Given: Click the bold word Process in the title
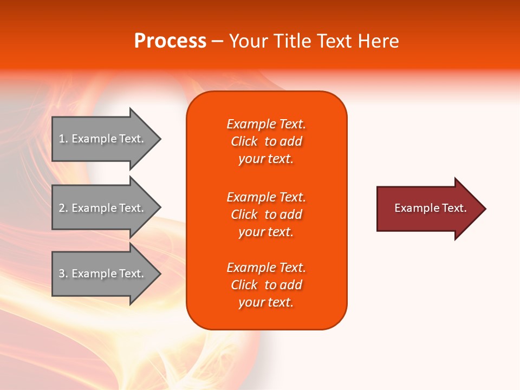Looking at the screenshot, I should [x=170, y=41].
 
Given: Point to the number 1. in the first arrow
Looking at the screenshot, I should [x=63, y=139].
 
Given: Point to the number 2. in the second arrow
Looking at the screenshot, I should [x=63, y=208].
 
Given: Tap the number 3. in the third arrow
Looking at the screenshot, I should [x=63, y=274].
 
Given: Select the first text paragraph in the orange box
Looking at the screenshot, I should [x=266, y=141].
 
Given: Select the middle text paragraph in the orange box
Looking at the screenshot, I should [x=266, y=214].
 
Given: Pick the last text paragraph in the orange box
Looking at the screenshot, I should [x=266, y=285].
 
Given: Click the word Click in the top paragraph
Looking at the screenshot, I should [x=244, y=141].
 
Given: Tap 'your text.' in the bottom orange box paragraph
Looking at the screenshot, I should [x=266, y=302].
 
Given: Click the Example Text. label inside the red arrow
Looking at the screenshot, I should [x=431, y=208].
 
